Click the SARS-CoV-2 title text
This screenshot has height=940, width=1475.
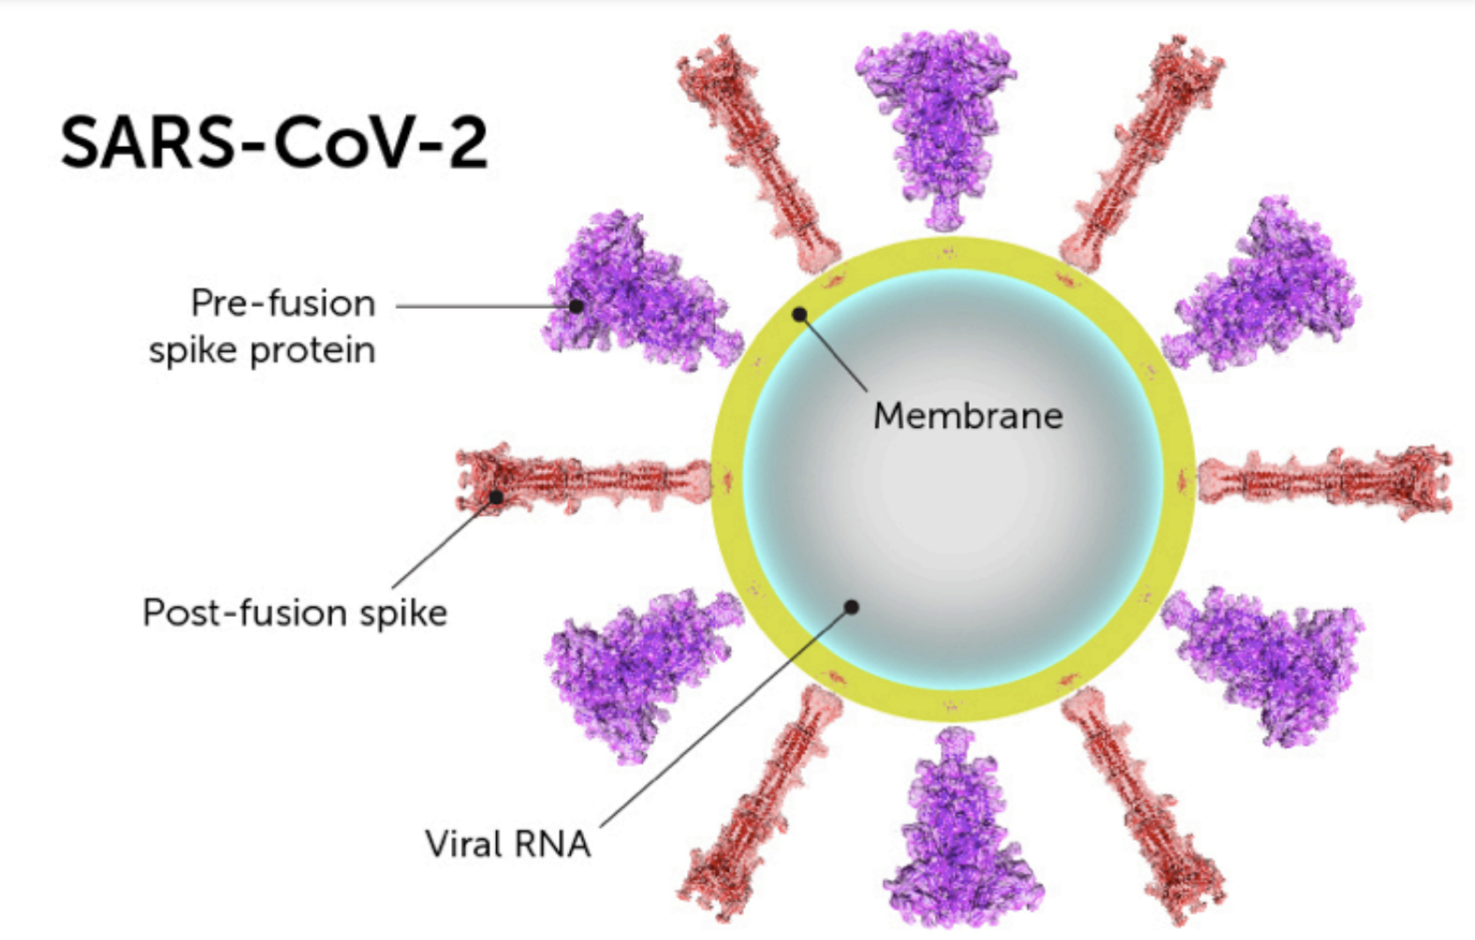point(274,143)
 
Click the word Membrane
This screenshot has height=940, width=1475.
point(968,416)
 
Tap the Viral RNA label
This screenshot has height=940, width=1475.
point(507,844)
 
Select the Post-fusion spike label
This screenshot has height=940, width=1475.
point(295,612)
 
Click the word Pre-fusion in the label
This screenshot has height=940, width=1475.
point(283,303)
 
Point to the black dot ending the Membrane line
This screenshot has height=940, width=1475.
point(799,315)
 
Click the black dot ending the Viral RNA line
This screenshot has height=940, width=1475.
point(851,607)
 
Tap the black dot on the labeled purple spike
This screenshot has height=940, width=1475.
point(577,306)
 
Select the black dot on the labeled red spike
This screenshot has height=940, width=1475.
point(496,496)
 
